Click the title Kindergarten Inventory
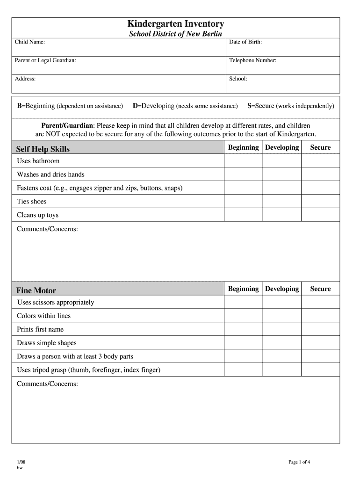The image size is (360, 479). [x=176, y=24]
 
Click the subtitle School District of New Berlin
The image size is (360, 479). [x=176, y=34]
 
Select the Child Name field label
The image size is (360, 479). [x=30, y=43]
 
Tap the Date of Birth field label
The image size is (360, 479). [x=245, y=43]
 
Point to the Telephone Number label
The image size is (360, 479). [x=252, y=61]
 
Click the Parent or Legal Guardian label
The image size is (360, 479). [x=45, y=61]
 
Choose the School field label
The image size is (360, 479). [x=238, y=79]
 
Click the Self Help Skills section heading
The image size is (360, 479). [x=43, y=149]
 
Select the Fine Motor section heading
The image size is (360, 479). [x=36, y=290]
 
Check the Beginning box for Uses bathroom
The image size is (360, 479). [x=243, y=161]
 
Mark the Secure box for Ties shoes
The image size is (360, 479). [x=320, y=202]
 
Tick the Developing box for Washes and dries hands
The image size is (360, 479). [x=281, y=174]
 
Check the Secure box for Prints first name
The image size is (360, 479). [x=320, y=329]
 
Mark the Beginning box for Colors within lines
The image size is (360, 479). [x=243, y=316]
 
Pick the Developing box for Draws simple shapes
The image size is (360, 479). [x=281, y=343]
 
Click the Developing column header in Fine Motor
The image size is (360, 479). [x=282, y=289]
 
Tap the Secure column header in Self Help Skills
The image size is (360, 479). [x=320, y=148]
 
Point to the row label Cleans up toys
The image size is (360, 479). [x=38, y=215]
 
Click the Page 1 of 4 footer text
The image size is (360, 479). [x=299, y=463]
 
